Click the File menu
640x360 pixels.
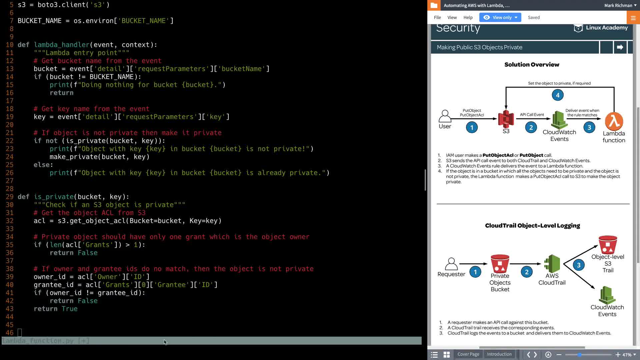click(437, 17)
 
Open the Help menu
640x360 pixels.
click(468, 17)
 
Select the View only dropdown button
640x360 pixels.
click(500, 17)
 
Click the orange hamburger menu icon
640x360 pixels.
click(633, 18)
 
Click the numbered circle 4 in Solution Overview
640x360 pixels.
click(558, 95)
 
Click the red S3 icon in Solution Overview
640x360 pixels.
click(506, 119)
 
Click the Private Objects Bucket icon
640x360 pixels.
click(500, 264)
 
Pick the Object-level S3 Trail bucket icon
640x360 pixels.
click(608, 245)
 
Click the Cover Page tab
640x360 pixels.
click(468, 354)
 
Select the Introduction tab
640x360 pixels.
click(499, 354)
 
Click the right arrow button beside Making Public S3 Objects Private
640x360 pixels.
click(620, 47)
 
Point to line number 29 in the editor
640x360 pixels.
click(10, 197)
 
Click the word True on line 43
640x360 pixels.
click(69, 309)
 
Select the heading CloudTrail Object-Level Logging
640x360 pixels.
click(532, 226)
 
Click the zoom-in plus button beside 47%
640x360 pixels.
click(618, 355)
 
